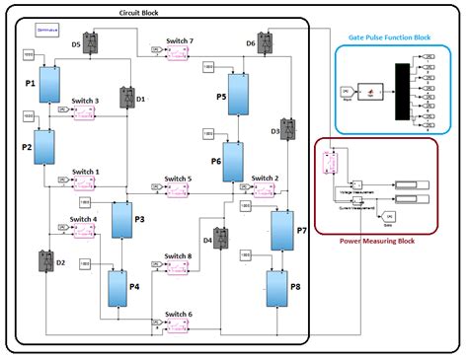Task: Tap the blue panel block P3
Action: coord(121,220)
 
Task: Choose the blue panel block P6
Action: coord(232,161)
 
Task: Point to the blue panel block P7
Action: coord(280,229)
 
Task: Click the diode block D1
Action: coord(127,97)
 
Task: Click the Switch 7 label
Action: coord(179,42)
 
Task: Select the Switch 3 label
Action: coord(85,101)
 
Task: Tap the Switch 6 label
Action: coord(178,315)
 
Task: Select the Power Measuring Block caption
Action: coord(376,239)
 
